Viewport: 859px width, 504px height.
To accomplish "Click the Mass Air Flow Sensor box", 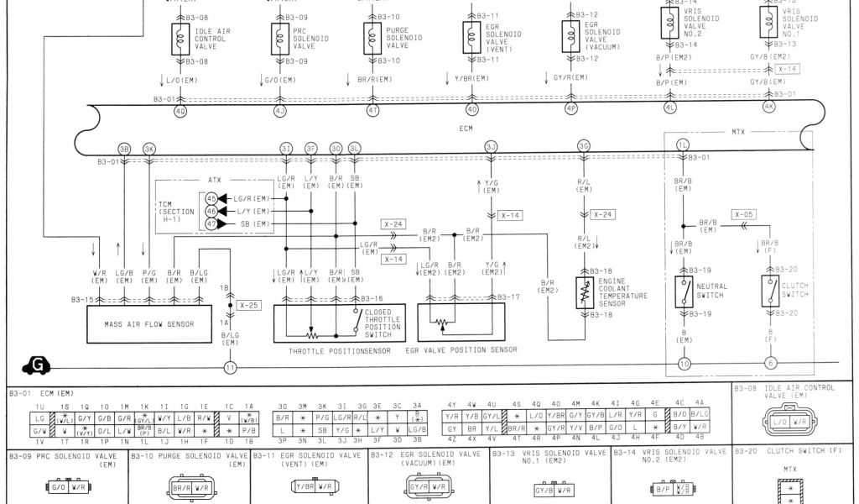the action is tap(148, 323).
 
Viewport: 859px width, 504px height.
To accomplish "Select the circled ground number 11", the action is tap(230, 366).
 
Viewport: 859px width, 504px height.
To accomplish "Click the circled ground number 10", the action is tap(685, 364).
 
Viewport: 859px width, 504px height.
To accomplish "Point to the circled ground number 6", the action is tap(771, 364).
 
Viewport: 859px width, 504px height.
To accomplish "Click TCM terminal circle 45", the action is tap(211, 198).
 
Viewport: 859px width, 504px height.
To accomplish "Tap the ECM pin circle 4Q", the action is tap(181, 110).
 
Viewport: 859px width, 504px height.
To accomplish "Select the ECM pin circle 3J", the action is tap(491, 147).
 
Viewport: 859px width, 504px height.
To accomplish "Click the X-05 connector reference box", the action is tap(744, 214).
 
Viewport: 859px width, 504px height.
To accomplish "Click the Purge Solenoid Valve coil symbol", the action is tap(372, 38).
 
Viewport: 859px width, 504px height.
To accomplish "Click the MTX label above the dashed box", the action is tap(737, 132).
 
